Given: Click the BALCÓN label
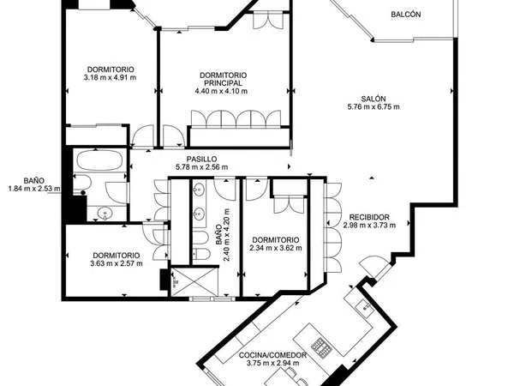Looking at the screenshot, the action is point(406,15).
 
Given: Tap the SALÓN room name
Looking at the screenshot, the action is point(374,99).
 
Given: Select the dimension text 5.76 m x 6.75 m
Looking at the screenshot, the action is point(374,106).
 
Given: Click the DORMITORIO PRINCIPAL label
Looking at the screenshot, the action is point(224,79).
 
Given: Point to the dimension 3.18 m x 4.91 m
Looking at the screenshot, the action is point(111,78).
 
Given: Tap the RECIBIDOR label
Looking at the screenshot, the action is point(369,217).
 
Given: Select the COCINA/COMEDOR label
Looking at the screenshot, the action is point(272,355).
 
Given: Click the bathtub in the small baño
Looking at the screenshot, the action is point(99,160).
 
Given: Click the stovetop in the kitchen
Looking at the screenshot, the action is point(321,348).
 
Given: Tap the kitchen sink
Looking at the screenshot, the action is point(365,308).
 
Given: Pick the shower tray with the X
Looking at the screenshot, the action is point(194,281).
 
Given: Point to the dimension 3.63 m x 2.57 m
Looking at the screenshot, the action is point(117,263).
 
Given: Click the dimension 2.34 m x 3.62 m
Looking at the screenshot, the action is point(276,248).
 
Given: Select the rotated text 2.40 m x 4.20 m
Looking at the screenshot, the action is point(226,235).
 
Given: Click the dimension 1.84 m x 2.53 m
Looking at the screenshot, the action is point(34,189).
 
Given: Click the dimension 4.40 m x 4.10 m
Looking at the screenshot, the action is point(221,91).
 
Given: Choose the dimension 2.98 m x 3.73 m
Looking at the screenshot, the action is point(369,225).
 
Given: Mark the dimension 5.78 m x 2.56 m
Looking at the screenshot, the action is point(201,166).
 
